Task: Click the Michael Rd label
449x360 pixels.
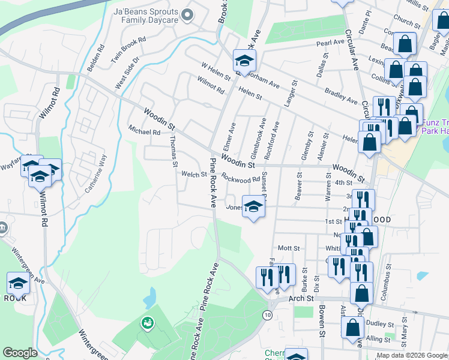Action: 144,130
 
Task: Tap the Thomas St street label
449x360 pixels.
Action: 173,151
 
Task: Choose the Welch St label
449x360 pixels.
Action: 194,175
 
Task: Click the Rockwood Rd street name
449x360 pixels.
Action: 240,178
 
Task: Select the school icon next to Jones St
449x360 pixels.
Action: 253,206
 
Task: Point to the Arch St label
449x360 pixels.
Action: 301,298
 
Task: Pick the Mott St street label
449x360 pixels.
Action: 288,248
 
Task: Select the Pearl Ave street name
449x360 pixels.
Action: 330,43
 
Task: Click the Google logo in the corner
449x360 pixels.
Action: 20,353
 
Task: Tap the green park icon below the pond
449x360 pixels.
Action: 147,324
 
